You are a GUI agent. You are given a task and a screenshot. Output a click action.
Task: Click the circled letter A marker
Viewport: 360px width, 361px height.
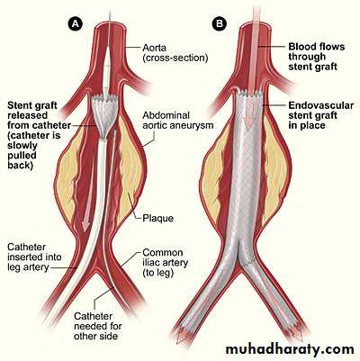[75, 24]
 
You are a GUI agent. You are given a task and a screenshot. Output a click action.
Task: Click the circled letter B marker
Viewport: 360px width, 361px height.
[220, 24]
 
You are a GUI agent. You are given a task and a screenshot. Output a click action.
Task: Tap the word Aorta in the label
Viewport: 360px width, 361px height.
[155, 48]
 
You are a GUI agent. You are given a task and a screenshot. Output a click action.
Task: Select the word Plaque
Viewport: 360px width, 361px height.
[157, 218]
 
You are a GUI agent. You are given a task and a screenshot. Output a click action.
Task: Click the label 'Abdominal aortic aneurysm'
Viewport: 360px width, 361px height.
[177, 120]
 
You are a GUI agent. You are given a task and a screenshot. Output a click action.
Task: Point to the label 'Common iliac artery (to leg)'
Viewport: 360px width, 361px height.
[165, 263]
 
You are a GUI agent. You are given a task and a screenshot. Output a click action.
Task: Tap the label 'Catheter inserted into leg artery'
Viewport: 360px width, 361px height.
[34, 257]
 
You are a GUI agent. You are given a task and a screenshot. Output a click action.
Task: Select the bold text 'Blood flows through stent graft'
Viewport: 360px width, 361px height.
[317, 57]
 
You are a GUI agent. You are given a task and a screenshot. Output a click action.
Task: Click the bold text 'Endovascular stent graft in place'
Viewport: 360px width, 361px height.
[320, 115]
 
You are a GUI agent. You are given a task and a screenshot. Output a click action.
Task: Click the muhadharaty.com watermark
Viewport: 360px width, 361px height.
[290, 349]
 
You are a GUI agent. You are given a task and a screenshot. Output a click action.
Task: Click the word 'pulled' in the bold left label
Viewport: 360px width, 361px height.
[22, 156]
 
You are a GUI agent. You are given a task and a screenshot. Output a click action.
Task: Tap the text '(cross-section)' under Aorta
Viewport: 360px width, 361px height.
[175, 58]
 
